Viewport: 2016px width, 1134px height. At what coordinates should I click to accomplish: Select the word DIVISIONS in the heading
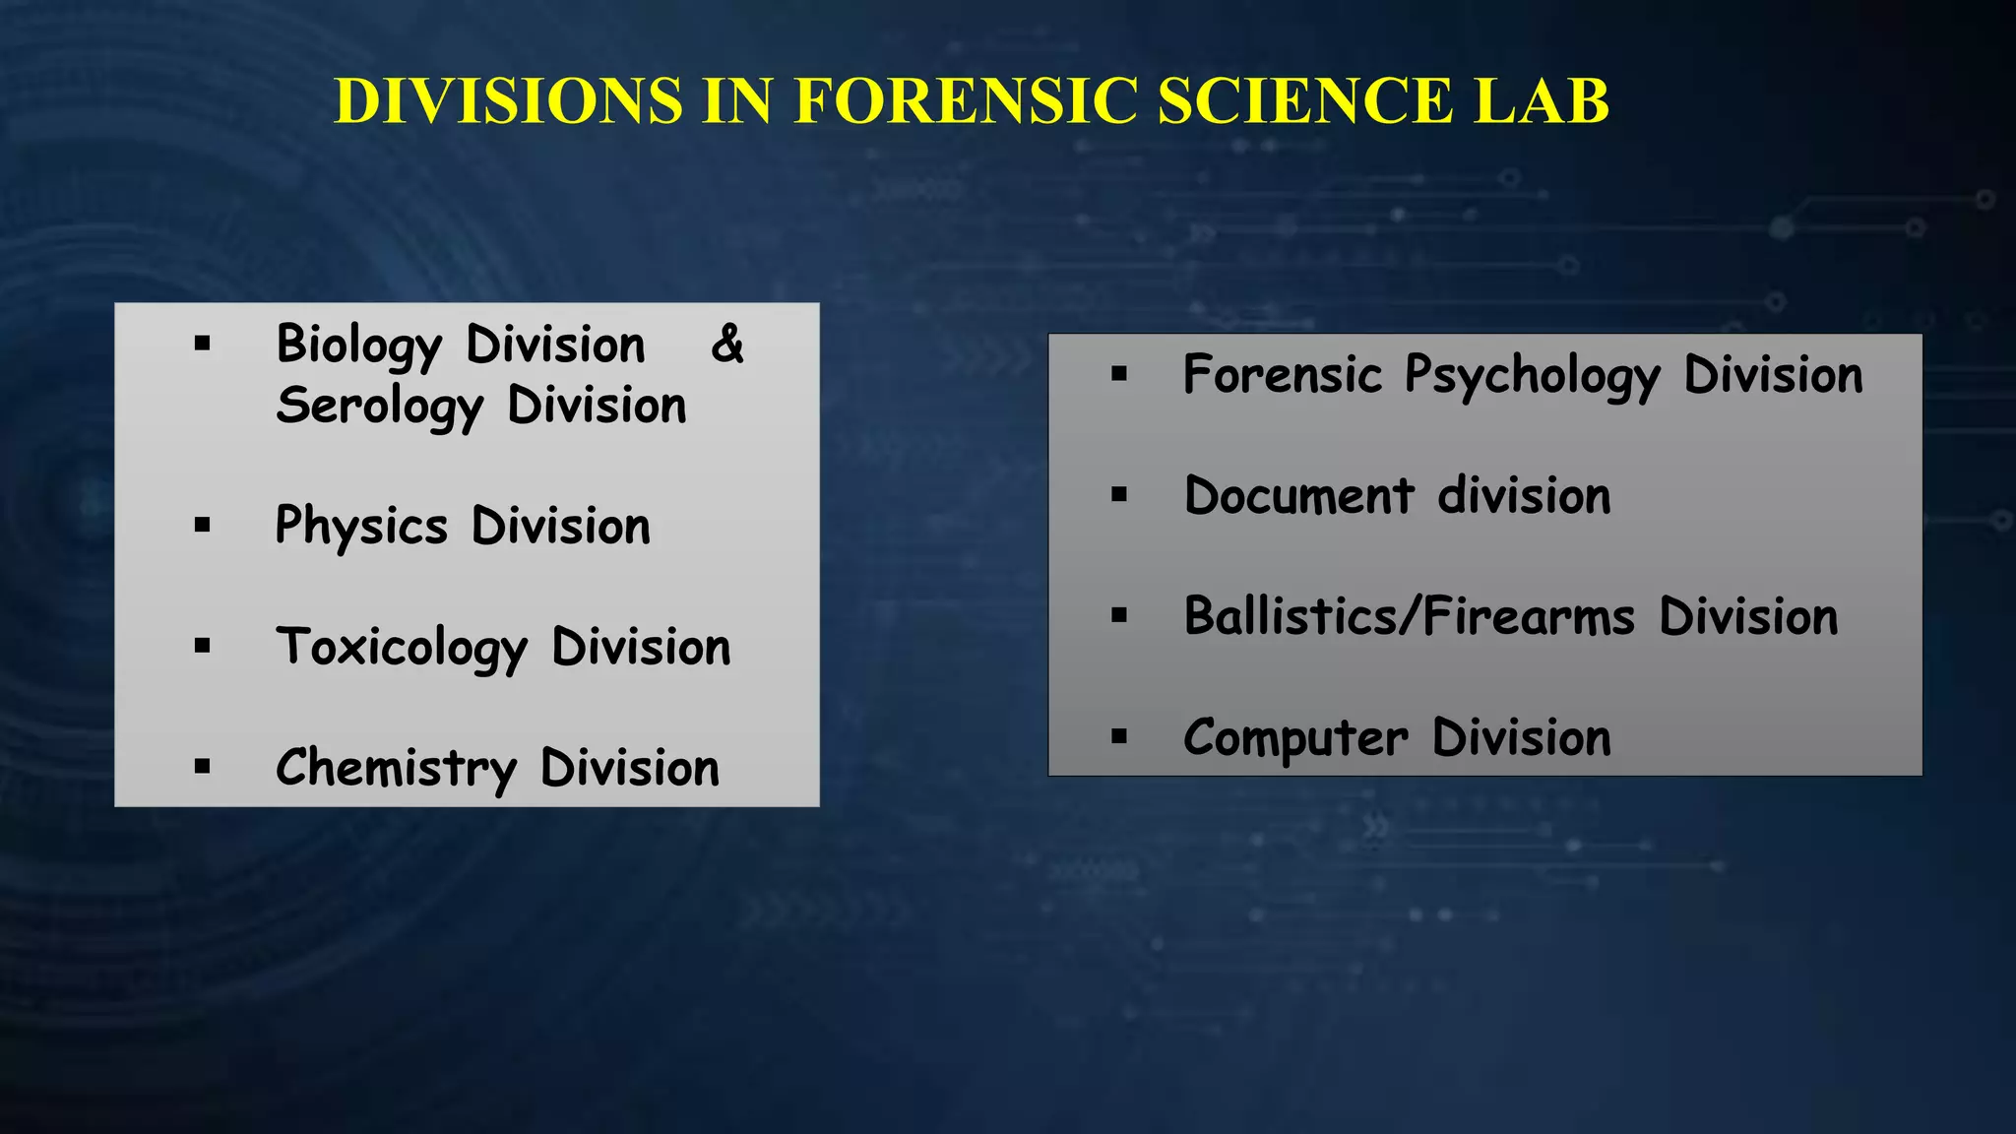click(x=508, y=100)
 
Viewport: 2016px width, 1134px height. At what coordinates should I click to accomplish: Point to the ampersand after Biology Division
click(x=727, y=344)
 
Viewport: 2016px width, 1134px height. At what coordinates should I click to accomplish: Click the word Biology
click(x=358, y=346)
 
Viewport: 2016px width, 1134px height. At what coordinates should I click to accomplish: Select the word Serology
click(x=379, y=408)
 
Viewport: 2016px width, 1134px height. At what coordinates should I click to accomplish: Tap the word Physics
click(x=361, y=528)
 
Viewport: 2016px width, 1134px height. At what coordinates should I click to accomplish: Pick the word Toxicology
click(x=402, y=649)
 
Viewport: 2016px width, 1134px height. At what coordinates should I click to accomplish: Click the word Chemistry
click(x=396, y=769)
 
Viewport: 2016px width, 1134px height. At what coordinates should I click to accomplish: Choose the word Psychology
click(x=1532, y=377)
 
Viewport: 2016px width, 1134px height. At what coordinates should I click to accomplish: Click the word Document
click(x=1299, y=495)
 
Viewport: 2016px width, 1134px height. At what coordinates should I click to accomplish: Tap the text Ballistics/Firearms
click(x=1410, y=617)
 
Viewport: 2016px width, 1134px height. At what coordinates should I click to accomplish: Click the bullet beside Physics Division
click(x=203, y=525)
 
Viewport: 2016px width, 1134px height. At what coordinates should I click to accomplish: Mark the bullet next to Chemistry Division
click(x=203, y=767)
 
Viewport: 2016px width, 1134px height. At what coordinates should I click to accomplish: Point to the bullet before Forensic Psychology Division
click(x=1119, y=374)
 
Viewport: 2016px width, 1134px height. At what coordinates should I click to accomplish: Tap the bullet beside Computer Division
click(x=1119, y=736)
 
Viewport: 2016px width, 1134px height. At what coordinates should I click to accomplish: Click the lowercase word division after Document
click(x=1524, y=495)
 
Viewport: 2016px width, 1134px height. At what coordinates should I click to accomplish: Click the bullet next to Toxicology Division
click(x=203, y=646)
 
